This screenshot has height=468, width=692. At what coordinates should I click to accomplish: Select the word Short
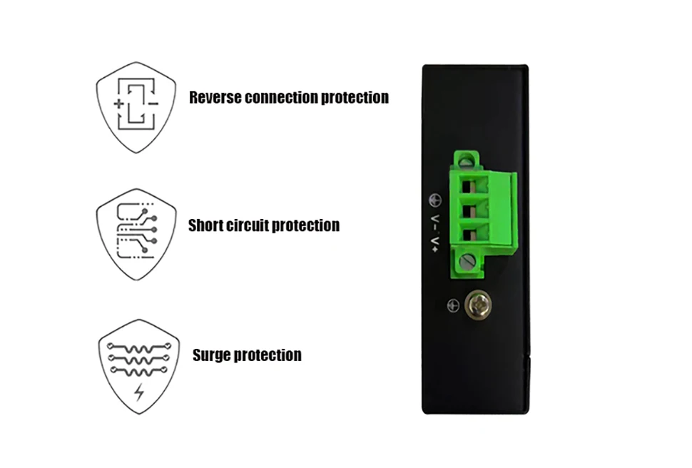point(205,226)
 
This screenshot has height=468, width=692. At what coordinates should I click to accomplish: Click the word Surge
point(211,355)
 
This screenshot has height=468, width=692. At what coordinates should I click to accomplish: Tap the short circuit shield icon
point(136,234)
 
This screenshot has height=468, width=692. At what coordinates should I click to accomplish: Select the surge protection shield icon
point(138,365)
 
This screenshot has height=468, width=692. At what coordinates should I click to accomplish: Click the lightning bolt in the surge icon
point(138,392)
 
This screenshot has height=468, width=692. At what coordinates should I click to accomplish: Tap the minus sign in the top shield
point(153,104)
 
